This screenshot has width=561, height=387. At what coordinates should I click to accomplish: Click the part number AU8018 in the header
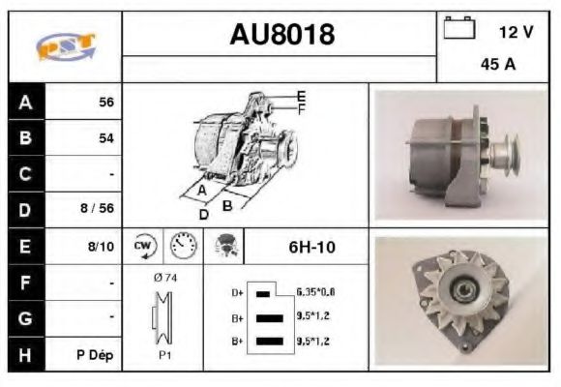280,35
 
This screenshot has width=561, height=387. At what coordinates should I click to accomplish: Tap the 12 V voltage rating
516,32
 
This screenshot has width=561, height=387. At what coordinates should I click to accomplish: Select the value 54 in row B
105,138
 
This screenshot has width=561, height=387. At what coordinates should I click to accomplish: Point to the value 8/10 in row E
102,247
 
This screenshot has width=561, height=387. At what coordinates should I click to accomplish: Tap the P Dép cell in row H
96,355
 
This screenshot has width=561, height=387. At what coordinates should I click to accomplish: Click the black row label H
26,354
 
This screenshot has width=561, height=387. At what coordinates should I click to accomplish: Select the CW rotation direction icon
145,246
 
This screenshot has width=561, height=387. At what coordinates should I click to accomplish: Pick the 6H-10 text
311,248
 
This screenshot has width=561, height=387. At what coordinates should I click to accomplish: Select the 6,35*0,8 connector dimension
316,291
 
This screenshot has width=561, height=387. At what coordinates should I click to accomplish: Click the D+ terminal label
236,291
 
